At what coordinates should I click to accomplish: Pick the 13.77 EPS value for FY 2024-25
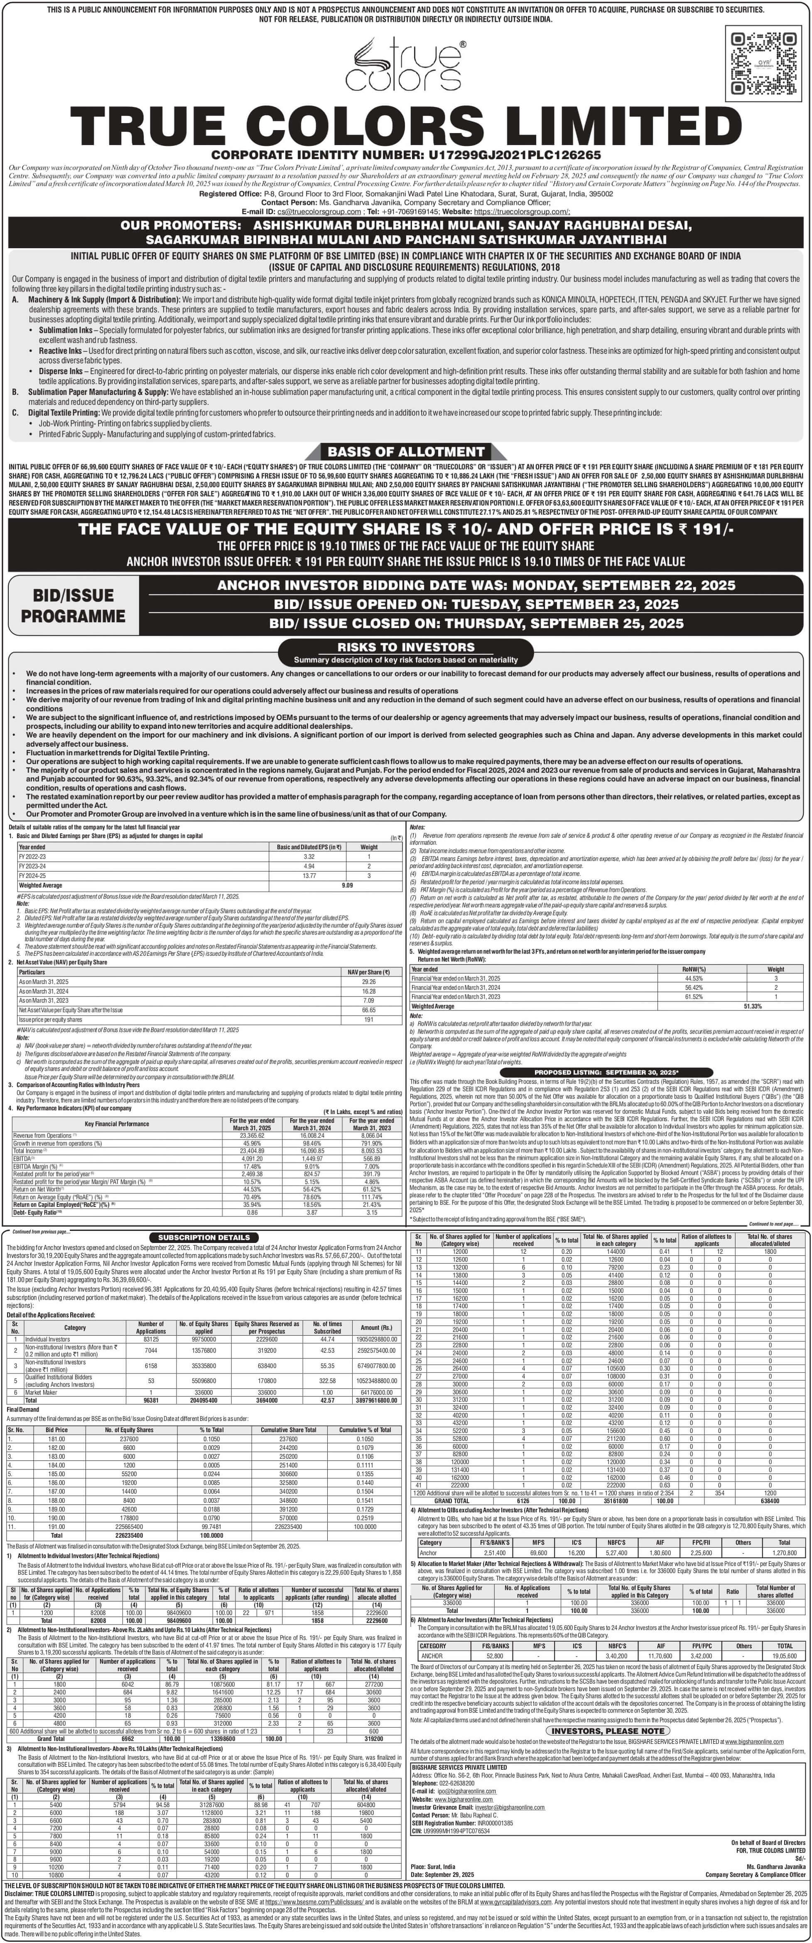pyautogui.click(x=309, y=876)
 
